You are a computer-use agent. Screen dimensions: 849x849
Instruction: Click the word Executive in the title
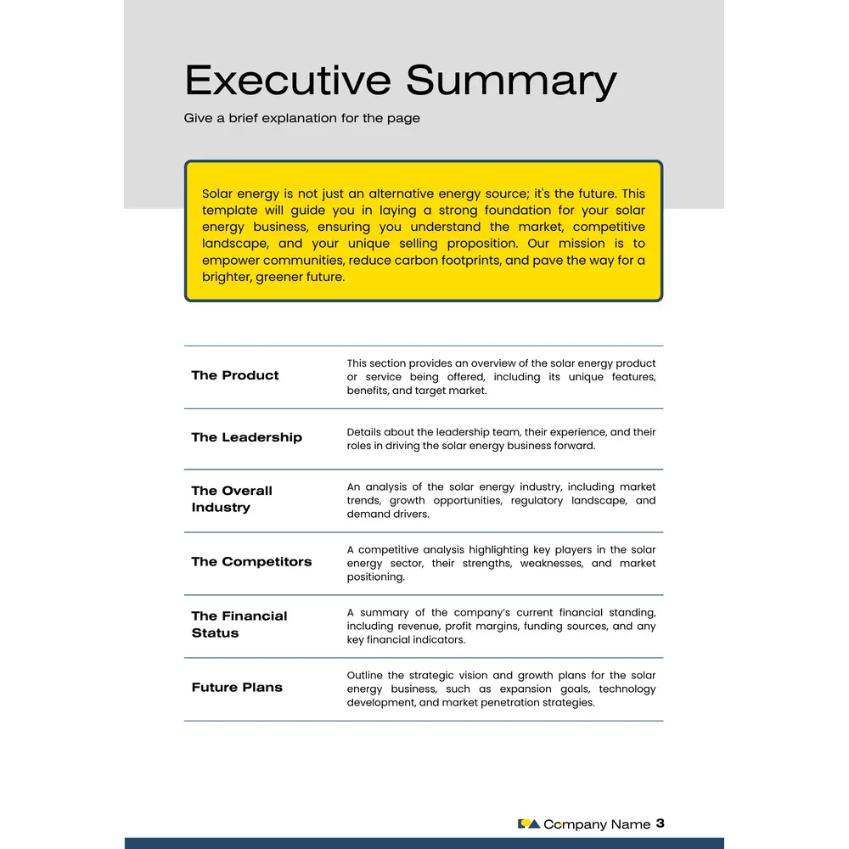tap(289, 81)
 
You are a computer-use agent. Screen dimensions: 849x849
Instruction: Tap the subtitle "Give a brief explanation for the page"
tap(301, 118)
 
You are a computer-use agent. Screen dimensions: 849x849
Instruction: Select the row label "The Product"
tap(234, 375)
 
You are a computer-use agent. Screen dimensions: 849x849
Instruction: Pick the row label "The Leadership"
tap(246, 437)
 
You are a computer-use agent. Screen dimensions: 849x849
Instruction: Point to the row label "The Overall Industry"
tap(232, 499)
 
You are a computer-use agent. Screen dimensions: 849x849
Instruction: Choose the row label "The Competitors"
tap(251, 561)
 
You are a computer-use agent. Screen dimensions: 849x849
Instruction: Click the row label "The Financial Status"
tap(239, 624)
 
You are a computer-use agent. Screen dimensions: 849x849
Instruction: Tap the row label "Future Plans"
tap(237, 687)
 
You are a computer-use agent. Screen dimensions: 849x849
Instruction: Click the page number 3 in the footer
tap(661, 823)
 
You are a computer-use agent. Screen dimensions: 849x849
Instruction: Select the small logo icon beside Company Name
tap(528, 824)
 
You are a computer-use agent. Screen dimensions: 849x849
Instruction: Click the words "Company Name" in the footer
tap(597, 824)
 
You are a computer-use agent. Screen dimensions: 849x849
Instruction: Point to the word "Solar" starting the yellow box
tap(218, 194)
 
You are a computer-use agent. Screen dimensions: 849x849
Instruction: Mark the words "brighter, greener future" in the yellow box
tap(273, 277)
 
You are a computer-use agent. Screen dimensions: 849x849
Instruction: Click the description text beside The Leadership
tap(501, 439)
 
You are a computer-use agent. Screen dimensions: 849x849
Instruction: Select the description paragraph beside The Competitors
tap(501, 563)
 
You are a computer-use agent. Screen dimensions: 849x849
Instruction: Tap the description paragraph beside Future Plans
tap(501, 689)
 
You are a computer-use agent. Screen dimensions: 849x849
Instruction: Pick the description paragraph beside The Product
tap(501, 377)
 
